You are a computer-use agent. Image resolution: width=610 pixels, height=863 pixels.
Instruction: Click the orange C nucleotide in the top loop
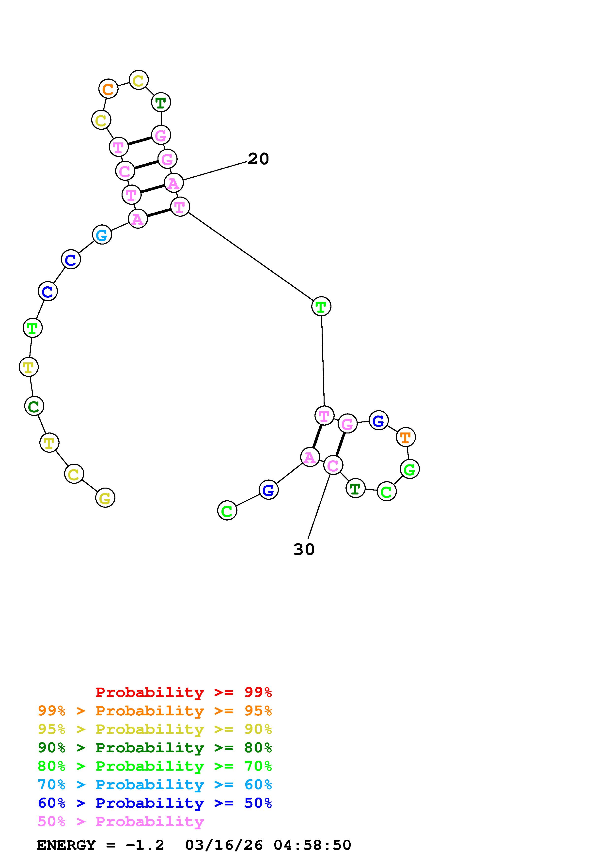(x=108, y=89)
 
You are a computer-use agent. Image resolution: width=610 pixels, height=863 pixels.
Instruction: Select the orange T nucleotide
(x=406, y=437)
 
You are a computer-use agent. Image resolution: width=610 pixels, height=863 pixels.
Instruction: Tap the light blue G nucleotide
(x=102, y=235)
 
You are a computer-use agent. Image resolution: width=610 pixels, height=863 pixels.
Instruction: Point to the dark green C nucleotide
(x=34, y=406)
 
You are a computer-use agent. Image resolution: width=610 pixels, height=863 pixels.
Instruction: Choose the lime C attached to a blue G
(x=227, y=511)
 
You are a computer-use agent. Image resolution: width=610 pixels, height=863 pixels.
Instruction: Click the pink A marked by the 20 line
(x=174, y=183)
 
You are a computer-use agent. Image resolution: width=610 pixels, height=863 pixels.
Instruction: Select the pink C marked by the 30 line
(x=333, y=465)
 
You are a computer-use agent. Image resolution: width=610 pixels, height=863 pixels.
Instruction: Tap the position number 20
(x=258, y=159)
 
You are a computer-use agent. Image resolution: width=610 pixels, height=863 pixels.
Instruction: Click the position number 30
(x=304, y=550)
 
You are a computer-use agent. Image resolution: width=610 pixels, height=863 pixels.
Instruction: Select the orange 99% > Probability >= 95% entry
(x=155, y=711)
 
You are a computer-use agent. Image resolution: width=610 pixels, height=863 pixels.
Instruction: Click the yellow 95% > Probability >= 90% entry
(x=155, y=729)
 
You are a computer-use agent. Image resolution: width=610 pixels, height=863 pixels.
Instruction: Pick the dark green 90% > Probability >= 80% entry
(x=155, y=748)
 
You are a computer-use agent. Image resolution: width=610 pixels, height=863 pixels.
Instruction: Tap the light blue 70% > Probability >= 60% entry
(x=155, y=785)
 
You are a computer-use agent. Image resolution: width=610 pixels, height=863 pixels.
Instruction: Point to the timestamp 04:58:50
(x=312, y=845)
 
